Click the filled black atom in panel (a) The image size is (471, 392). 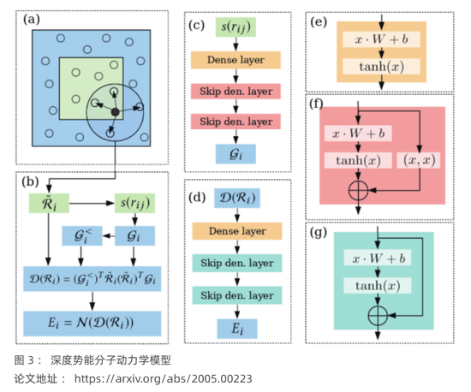tap(115, 112)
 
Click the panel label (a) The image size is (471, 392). tap(32, 20)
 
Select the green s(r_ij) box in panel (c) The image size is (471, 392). tap(235, 27)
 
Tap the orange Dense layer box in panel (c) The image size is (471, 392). tap(235, 60)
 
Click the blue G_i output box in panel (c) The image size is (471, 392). tap(235, 154)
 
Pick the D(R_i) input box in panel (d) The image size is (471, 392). tap(237, 198)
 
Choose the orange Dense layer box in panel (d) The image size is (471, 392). tap(237, 231)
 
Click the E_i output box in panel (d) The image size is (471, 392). tap(237, 329)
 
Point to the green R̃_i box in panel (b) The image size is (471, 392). tap(49, 203)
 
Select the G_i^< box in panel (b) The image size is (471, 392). tap(82, 236)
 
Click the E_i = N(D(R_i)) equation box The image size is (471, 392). tap(92, 324)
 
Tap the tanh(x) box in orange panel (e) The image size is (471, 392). tap(381, 67)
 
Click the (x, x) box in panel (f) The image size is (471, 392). tap(420, 160)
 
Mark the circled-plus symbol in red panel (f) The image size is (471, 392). tap(358, 190)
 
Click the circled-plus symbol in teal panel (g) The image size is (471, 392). tap(378, 316)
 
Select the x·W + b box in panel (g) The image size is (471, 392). tap(378, 258)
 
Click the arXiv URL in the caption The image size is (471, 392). tap(164, 379)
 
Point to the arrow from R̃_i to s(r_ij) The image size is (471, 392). tap(92, 203)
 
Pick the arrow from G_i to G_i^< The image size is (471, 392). tap(109, 236)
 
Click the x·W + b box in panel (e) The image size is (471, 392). tap(381, 39)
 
